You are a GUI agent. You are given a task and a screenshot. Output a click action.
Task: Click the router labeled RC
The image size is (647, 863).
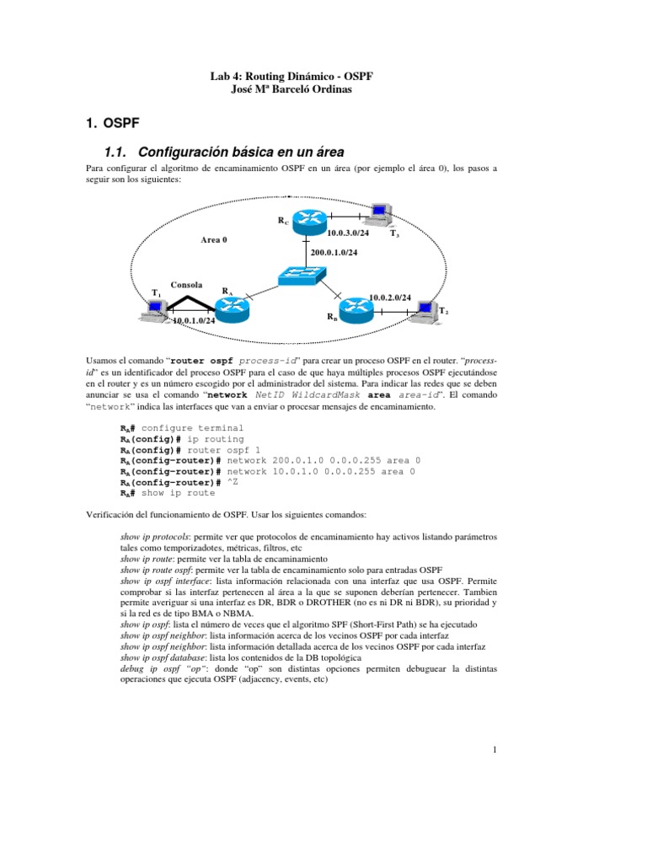308,222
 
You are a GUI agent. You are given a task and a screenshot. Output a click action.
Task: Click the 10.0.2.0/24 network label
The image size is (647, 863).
389,297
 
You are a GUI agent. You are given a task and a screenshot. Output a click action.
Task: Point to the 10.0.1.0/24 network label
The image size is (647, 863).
194,320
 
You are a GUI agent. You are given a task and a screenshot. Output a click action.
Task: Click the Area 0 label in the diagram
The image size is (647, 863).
214,240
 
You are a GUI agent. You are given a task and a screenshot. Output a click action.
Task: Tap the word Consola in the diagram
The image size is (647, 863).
186,285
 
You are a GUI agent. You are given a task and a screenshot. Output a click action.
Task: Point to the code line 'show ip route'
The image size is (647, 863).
178,493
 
